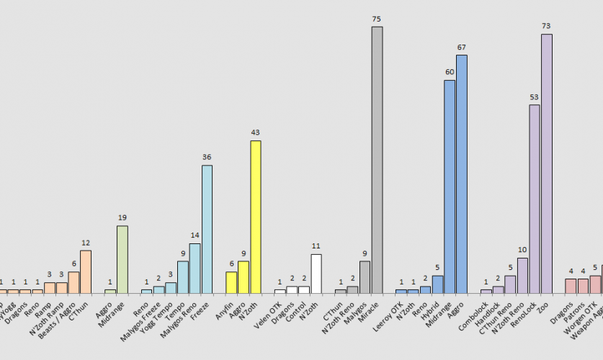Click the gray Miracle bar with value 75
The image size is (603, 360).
pyautogui.click(x=377, y=160)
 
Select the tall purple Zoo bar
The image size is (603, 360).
pyautogui.click(x=547, y=163)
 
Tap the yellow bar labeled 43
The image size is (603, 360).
pyautogui.click(x=255, y=217)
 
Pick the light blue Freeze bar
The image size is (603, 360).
pyautogui.click(x=207, y=229)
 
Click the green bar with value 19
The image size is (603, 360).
pyautogui.click(x=122, y=259)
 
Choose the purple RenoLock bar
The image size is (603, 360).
pyautogui.click(x=535, y=199)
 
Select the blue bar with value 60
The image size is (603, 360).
pyautogui.click(x=450, y=186)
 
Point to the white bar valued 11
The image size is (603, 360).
pyautogui.click(x=316, y=274)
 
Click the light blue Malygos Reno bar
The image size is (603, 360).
pyautogui.click(x=195, y=268)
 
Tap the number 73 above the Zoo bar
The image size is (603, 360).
pyautogui.click(x=547, y=26)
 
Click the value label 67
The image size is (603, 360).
pyautogui.click(x=462, y=47)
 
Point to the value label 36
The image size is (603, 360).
pyautogui.click(x=207, y=157)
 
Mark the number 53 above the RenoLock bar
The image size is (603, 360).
pyautogui.click(x=535, y=96)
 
